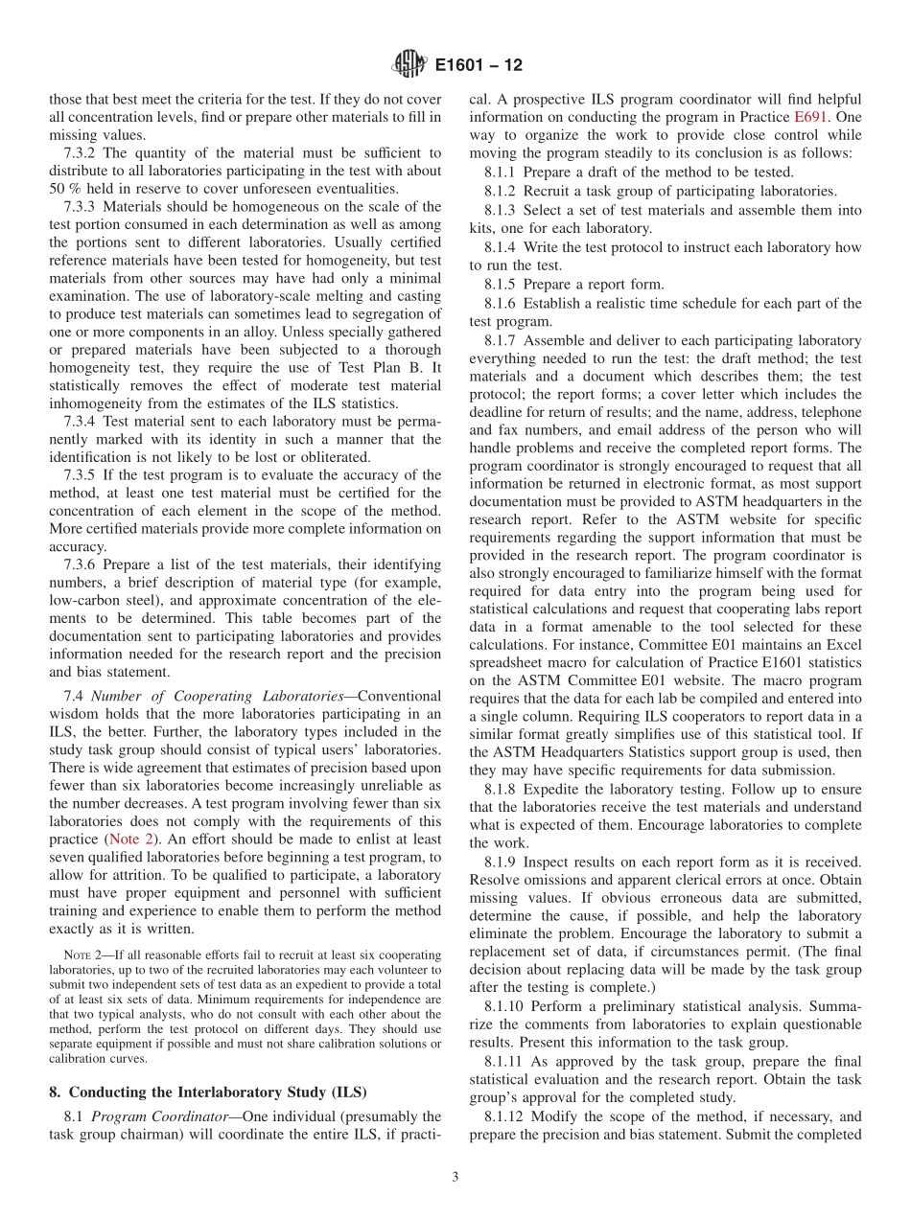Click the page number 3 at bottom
(455, 1178)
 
